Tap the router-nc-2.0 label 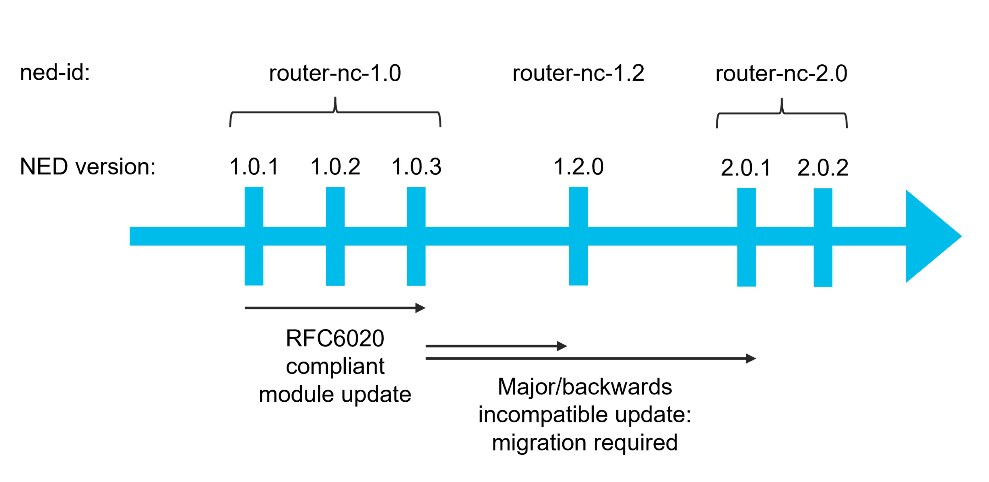pyautogui.click(x=781, y=73)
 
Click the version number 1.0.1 pyautogui.click(x=254, y=167)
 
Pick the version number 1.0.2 pyautogui.click(x=335, y=167)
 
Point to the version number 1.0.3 pyautogui.click(x=416, y=167)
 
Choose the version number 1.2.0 pyautogui.click(x=578, y=167)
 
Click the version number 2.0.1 pyautogui.click(x=746, y=168)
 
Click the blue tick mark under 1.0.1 pyautogui.click(x=254, y=265)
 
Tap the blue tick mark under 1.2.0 pyautogui.click(x=578, y=265)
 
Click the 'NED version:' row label pyautogui.click(x=88, y=167)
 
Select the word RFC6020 pyautogui.click(x=335, y=339)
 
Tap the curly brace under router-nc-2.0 pyautogui.click(x=781, y=114)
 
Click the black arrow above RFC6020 pyautogui.click(x=335, y=308)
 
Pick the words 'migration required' pyautogui.click(x=585, y=442)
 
